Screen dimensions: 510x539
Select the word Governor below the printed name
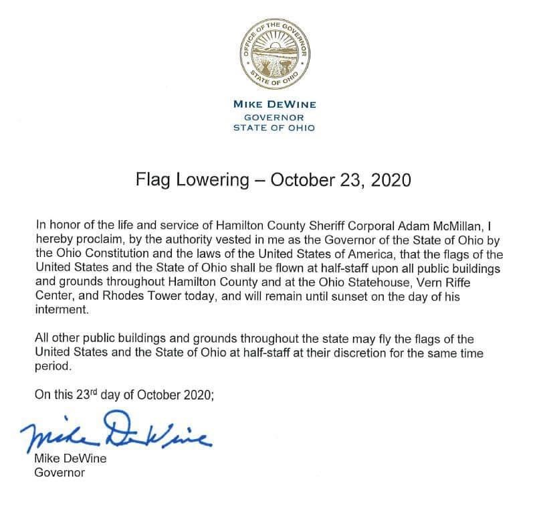59,474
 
